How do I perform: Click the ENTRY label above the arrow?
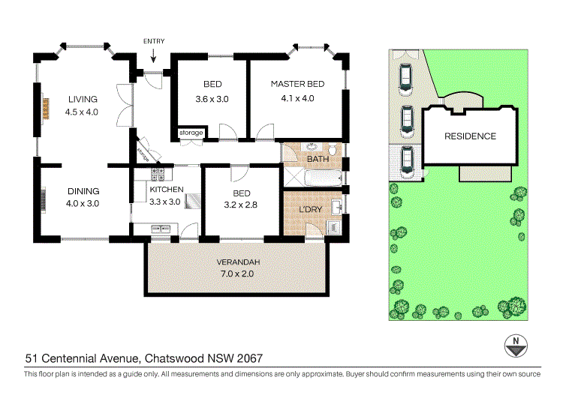(x=153, y=41)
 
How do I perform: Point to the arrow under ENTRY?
(x=153, y=55)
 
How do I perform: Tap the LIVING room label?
(x=82, y=100)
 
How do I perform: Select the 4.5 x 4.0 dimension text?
(x=82, y=112)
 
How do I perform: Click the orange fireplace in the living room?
(x=44, y=106)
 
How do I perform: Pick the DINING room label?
(x=83, y=191)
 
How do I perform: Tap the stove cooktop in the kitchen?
(x=158, y=175)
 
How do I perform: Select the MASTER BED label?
(x=297, y=84)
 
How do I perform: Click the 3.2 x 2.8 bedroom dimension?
(x=240, y=203)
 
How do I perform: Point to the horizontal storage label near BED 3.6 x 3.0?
(x=191, y=133)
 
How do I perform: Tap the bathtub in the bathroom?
(x=324, y=177)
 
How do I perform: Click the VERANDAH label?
(x=238, y=262)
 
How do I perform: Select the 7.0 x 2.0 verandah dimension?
(x=238, y=275)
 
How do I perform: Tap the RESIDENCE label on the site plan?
(x=470, y=136)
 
